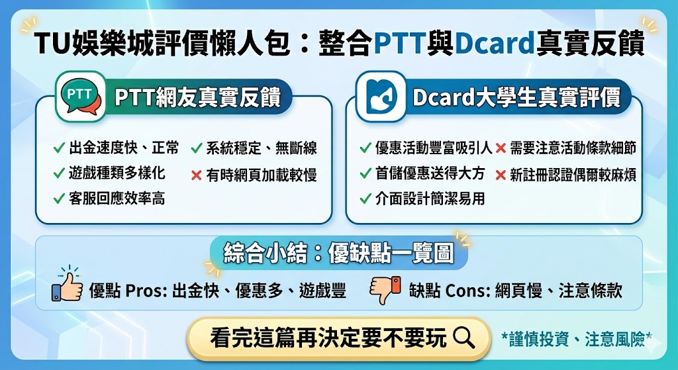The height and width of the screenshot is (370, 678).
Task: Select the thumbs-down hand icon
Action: [x=385, y=289]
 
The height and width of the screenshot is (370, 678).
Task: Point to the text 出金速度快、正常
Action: [x=124, y=148]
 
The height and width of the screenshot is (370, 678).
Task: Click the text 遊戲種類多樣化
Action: [x=117, y=173]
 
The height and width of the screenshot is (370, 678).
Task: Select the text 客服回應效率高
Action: [x=117, y=198]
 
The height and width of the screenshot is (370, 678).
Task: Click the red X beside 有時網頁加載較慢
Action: [x=196, y=175]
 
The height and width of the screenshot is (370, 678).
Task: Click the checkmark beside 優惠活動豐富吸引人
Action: [x=365, y=148]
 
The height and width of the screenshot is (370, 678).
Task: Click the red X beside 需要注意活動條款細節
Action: [x=501, y=148]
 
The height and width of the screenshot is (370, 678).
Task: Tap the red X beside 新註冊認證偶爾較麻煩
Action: [x=501, y=175]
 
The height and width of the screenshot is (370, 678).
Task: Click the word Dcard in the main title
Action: [x=495, y=44]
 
